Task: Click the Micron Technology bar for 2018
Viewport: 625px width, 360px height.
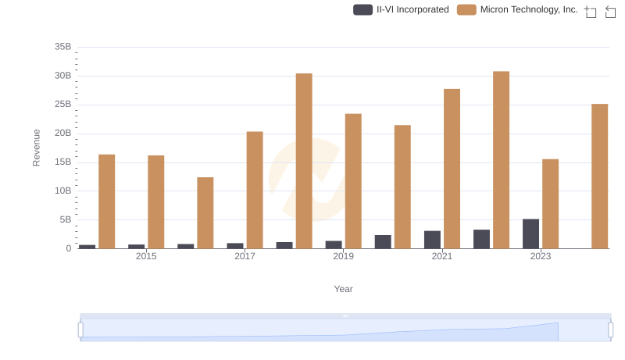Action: click(304, 161)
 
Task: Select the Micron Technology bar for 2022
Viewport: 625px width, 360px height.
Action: click(501, 160)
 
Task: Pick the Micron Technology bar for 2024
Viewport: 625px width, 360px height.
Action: click(599, 176)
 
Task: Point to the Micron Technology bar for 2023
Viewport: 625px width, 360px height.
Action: click(550, 204)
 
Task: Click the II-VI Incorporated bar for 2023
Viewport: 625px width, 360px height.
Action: click(530, 233)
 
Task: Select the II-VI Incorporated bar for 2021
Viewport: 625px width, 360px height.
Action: click(432, 240)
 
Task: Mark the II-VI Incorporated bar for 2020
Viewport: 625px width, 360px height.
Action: click(383, 241)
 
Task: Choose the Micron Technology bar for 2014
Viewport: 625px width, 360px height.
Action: click(107, 201)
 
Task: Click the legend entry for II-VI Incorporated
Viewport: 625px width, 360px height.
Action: click(402, 9)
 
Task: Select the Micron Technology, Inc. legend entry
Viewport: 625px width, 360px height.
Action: click(518, 9)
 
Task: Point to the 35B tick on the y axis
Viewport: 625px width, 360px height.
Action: click(62, 47)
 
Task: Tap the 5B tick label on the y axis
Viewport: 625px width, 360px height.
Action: click(64, 219)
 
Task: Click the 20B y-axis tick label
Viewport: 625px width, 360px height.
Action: click(62, 134)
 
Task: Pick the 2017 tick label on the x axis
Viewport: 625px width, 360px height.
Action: click(245, 256)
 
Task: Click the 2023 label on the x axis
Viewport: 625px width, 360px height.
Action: click(541, 256)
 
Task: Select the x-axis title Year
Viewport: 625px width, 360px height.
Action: click(344, 289)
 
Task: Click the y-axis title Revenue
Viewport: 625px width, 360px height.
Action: click(36, 148)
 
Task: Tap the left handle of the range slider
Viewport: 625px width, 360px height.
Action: click(80, 330)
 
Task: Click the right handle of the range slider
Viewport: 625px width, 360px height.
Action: click(611, 330)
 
